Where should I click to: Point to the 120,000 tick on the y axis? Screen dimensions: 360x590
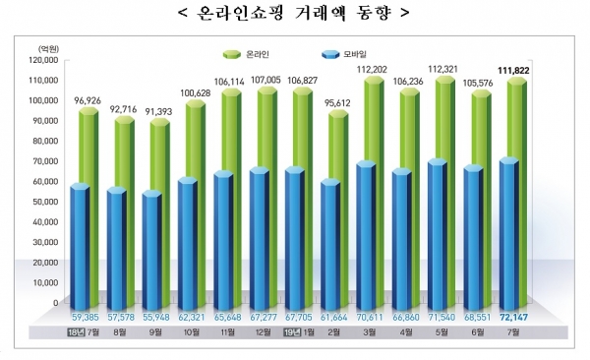(x=43, y=60)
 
